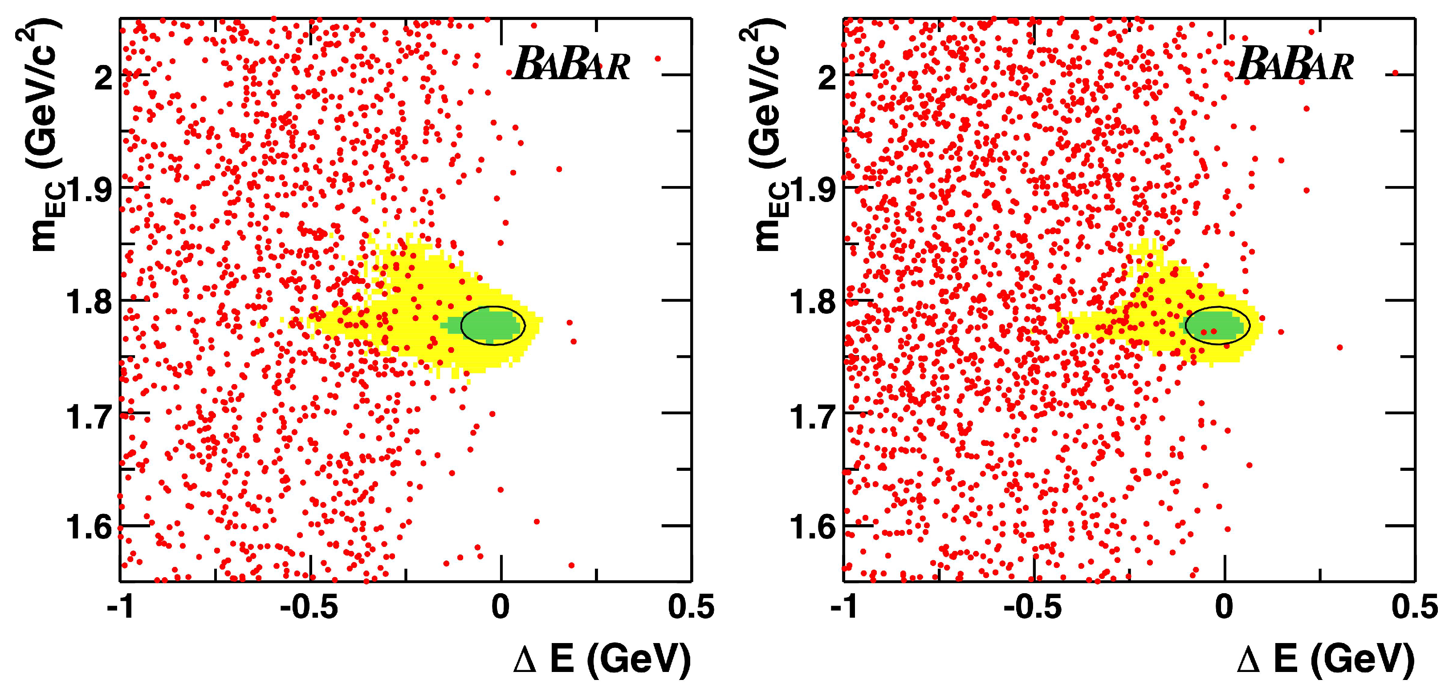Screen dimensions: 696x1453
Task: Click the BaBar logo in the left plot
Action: click(x=571, y=64)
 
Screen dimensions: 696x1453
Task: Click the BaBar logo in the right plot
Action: click(x=1294, y=64)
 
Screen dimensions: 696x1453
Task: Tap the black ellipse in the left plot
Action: click(x=493, y=325)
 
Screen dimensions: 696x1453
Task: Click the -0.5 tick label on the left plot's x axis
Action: click(x=309, y=607)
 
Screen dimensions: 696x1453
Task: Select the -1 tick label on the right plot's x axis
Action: click(x=844, y=607)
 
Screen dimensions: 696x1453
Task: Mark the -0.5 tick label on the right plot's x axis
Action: click(x=1032, y=607)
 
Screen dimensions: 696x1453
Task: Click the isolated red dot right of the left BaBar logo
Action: click(x=657, y=58)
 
